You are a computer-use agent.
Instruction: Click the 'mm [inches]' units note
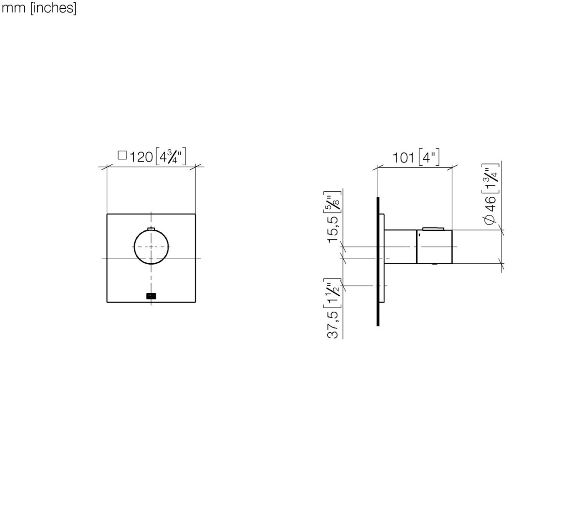pyautogui.click(x=38, y=8)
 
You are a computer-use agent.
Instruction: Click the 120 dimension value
pyautogui.click(x=141, y=157)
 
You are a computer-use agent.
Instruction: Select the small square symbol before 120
pyautogui.click(x=122, y=156)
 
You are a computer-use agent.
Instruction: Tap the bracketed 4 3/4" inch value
pyautogui.click(x=171, y=157)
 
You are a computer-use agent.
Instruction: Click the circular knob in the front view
pyautogui.click(x=151, y=247)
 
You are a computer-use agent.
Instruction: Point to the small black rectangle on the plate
pyautogui.click(x=151, y=296)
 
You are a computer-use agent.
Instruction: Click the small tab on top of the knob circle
pyautogui.click(x=152, y=228)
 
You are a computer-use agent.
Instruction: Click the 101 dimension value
pyautogui.click(x=403, y=158)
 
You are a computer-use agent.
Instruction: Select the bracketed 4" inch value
pyautogui.click(x=429, y=157)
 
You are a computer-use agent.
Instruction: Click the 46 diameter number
pyautogui.click(x=489, y=203)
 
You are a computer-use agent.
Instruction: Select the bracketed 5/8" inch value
pyautogui.click(x=333, y=202)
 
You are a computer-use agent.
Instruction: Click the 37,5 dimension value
pyautogui.click(x=333, y=325)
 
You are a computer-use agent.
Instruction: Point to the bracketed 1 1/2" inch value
pyautogui.click(x=333, y=293)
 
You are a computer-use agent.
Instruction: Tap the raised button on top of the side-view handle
pyautogui.click(x=433, y=228)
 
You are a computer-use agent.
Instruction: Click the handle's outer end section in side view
pyautogui.click(x=434, y=247)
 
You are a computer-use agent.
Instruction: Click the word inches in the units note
pyautogui.click(x=53, y=8)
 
